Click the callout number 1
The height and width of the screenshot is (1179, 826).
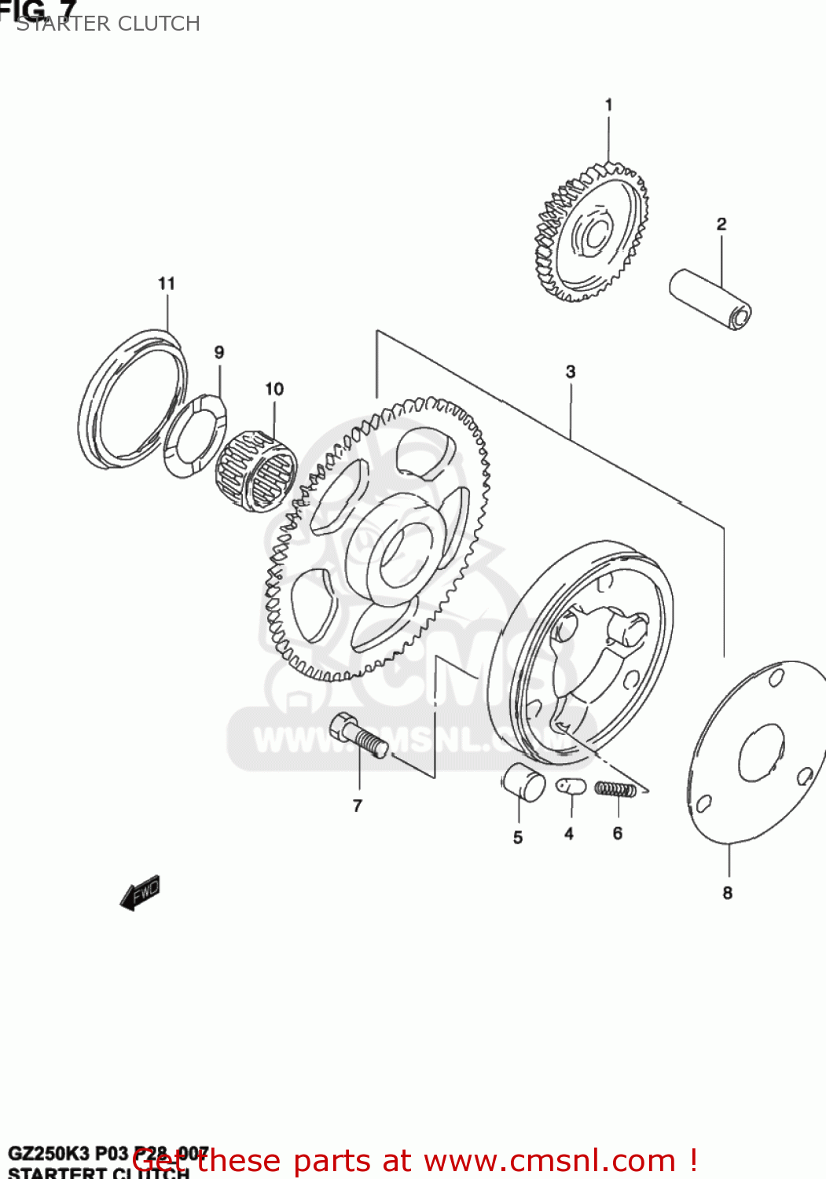[x=608, y=105]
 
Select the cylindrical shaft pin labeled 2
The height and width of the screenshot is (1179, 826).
[x=710, y=299]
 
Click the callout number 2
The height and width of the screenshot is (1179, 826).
[x=721, y=224]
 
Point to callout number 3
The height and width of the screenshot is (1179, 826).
[x=571, y=372]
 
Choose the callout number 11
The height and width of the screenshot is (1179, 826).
[x=166, y=283]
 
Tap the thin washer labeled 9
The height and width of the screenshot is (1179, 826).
[x=196, y=437]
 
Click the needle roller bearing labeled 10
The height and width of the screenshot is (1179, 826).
[x=256, y=471]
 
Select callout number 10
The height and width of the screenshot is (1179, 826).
[x=273, y=389]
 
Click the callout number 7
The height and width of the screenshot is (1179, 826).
[x=358, y=806]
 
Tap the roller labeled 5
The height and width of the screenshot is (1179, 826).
[x=523, y=782]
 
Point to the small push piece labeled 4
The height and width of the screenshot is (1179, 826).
[x=571, y=786]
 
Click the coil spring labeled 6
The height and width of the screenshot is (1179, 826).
[x=615, y=788]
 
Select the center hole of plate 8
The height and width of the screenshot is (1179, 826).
[x=761, y=753]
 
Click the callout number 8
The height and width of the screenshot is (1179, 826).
[x=728, y=893]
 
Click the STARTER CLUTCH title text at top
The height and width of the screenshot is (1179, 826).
[x=108, y=24]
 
